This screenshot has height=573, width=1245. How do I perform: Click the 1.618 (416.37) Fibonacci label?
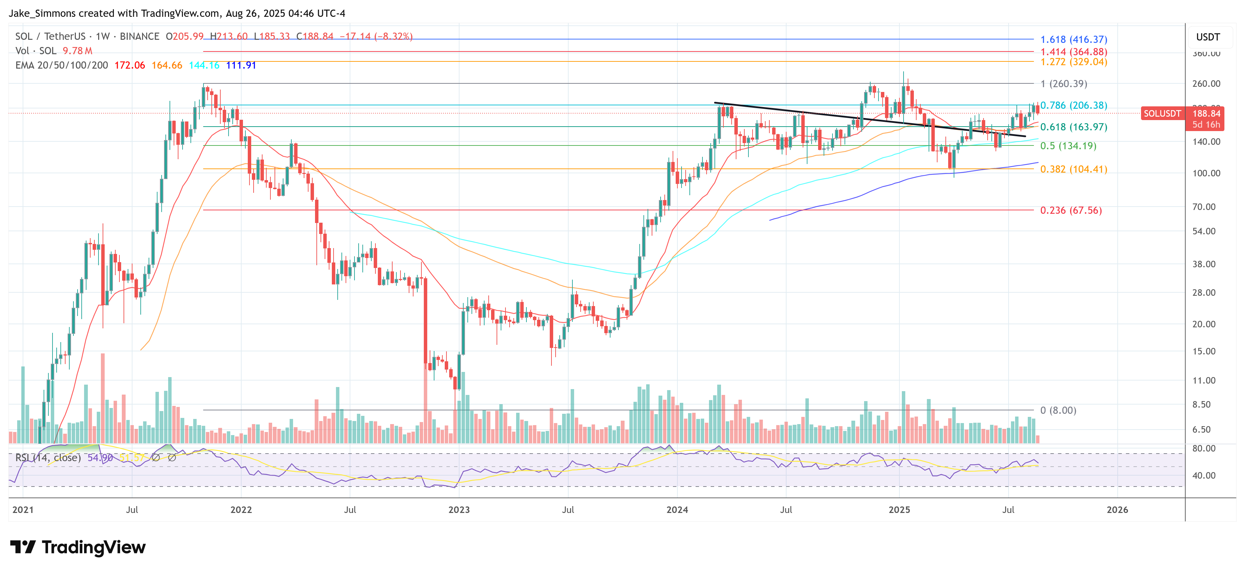[1073, 39]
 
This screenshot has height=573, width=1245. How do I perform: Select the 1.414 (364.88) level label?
[1073, 52]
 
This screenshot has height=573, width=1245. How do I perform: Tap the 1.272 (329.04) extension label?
[1073, 62]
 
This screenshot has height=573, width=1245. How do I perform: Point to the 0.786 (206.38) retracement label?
[1073, 105]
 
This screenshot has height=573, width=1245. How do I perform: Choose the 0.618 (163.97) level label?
[1073, 127]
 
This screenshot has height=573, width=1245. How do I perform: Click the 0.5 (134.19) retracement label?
[1068, 146]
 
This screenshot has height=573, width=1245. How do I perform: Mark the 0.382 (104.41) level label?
[1073, 169]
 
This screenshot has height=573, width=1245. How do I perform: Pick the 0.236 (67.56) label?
[1071, 210]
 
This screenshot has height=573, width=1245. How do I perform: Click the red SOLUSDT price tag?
[1162, 114]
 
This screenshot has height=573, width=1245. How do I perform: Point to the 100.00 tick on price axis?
[1206, 173]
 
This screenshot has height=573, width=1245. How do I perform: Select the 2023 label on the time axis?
[459, 510]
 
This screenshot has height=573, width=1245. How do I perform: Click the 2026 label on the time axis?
[1117, 510]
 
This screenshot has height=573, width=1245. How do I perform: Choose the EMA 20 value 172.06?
[129, 65]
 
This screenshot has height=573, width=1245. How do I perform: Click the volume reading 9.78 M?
[77, 51]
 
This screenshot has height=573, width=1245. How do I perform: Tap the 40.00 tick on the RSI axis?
[1203, 476]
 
